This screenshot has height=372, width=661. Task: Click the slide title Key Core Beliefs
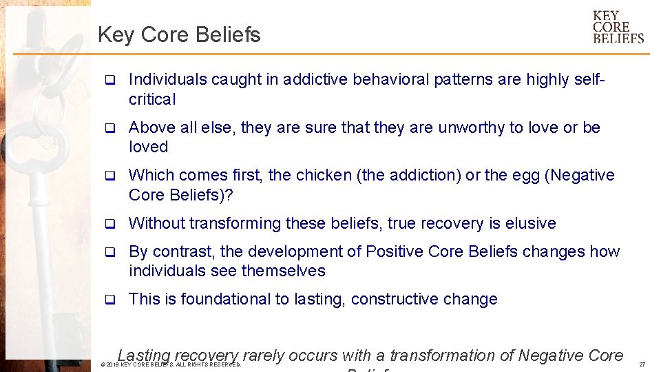(x=179, y=34)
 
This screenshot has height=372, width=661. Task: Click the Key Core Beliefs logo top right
(x=618, y=27)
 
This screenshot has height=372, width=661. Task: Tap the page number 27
(x=642, y=364)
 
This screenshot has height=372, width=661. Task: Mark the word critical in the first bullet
(x=152, y=99)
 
